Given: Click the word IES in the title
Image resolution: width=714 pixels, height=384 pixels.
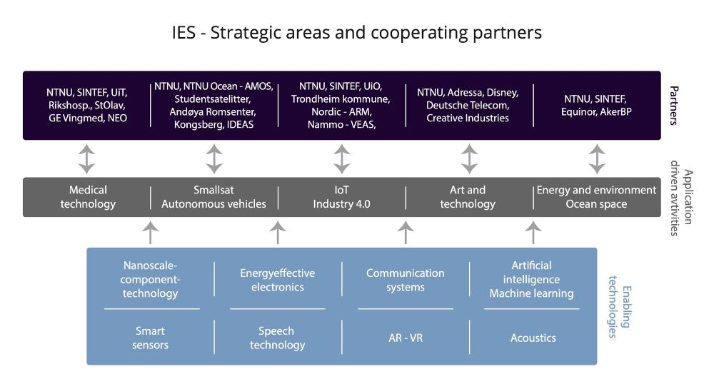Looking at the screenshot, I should coord(185,33).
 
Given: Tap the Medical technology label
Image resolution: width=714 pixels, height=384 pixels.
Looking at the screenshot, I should coord(88,197).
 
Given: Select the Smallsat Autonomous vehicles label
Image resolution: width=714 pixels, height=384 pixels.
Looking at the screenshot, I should coord(213,197).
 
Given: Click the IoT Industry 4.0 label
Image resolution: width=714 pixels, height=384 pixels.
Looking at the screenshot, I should coord(341,197).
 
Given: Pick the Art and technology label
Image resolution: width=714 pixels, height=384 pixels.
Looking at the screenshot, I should coord(468,197).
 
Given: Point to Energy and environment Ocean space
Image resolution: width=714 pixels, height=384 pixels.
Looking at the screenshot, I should coord(596,197).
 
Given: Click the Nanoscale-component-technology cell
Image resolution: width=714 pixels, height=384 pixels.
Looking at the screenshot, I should coord(150,279).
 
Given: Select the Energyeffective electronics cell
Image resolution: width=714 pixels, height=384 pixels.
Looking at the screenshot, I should coord(277,280).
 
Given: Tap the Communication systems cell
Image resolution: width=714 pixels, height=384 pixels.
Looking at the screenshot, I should coord(405,280).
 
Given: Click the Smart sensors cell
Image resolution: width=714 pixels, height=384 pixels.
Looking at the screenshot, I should coord(150,338).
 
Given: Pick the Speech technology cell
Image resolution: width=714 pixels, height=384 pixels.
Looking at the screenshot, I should coord(277,338).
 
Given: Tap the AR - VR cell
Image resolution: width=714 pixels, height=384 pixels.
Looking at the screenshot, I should coord(405,338).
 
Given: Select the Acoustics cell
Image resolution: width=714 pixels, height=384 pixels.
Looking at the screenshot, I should coord(533,338).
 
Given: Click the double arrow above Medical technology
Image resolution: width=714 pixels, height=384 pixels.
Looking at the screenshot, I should coord(86,158).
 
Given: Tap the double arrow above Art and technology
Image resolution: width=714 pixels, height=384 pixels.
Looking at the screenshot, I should coord(469,158).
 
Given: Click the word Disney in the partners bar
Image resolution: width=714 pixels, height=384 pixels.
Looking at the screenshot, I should coord(502,93).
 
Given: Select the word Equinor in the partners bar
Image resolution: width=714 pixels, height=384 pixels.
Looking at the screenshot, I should coord(577,112).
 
